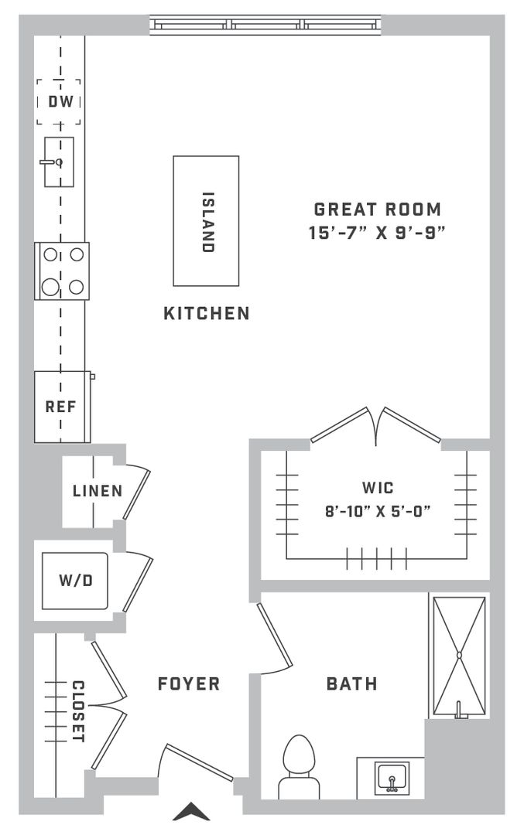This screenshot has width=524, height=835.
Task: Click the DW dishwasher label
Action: point(60,101)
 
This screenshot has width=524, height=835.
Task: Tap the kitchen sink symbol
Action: point(59,162)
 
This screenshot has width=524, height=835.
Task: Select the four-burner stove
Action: point(62,271)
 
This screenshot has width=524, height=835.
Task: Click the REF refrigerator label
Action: point(60,407)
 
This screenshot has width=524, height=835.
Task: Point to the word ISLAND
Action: point(208,222)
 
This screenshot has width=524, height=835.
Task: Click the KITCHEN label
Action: point(207,313)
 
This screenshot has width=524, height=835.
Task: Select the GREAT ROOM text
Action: point(378,210)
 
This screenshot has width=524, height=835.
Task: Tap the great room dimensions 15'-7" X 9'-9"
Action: point(377,233)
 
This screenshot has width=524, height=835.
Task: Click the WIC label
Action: point(378,488)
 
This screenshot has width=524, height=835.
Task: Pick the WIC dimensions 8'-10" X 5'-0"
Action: point(378,512)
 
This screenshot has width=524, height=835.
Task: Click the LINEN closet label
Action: point(98,490)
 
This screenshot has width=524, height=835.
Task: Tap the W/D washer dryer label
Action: point(76,580)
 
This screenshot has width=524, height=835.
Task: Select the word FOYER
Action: point(189,683)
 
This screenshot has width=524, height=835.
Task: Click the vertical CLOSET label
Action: point(78,711)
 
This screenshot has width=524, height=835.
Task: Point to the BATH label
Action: point(352,683)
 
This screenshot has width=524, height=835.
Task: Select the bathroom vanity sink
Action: point(392,779)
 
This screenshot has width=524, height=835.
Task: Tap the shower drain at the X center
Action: point(459,655)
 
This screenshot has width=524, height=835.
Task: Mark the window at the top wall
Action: point(265,25)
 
